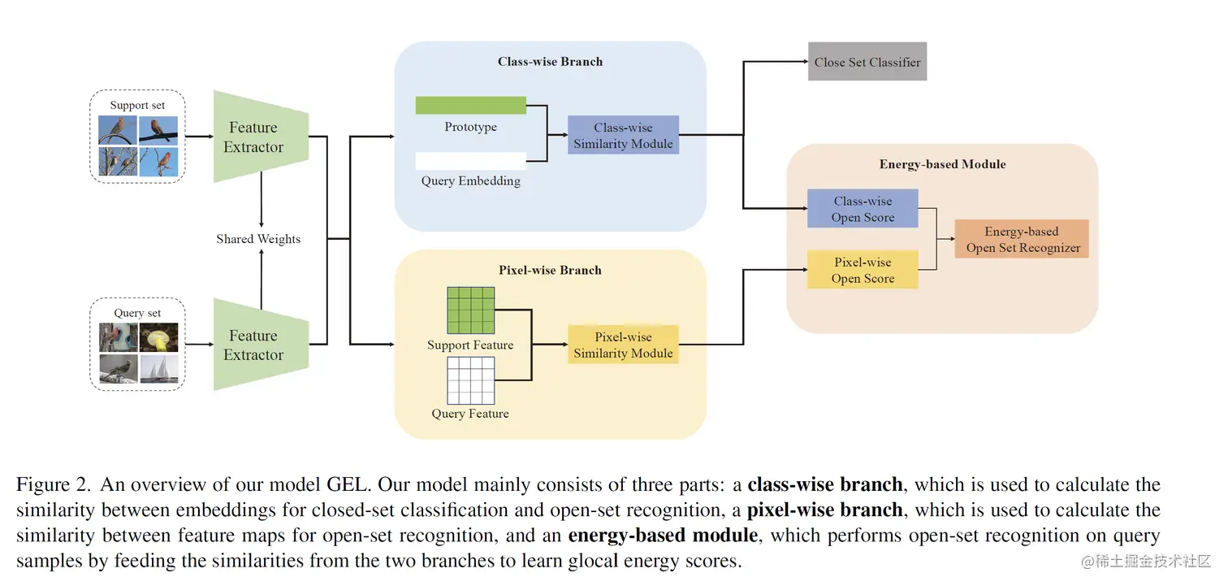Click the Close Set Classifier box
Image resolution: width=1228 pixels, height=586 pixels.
(x=867, y=63)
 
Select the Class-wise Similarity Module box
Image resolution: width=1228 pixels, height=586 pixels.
(x=623, y=136)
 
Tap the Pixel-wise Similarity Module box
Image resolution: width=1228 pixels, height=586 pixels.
(x=623, y=345)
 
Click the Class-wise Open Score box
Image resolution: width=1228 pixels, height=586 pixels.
(x=863, y=209)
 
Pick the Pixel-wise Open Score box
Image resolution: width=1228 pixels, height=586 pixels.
(x=863, y=270)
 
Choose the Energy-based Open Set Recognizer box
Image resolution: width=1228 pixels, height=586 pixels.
(x=1023, y=240)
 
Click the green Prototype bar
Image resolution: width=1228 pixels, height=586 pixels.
(x=471, y=106)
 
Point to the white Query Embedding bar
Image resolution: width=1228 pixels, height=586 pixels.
(x=471, y=161)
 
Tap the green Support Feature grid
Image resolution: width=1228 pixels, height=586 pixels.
(x=471, y=310)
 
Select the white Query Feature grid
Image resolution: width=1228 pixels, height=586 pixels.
(x=471, y=381)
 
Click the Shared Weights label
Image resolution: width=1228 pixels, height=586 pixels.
(x=258, y=239)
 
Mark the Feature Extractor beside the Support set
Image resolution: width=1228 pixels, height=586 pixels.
(x=253, y=137)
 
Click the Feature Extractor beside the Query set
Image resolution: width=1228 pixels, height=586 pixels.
(x=253, y=345)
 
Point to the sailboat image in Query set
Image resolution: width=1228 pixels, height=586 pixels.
(x=158, y=369)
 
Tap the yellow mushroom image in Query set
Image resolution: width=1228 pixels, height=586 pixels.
(x=158, y=337)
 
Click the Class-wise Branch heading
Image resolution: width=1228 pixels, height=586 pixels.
(x=550, y=61)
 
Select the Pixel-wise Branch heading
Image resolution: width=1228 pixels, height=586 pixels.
(x=550, y=270)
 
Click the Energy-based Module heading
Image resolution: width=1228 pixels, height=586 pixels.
(x=942, y=164)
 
